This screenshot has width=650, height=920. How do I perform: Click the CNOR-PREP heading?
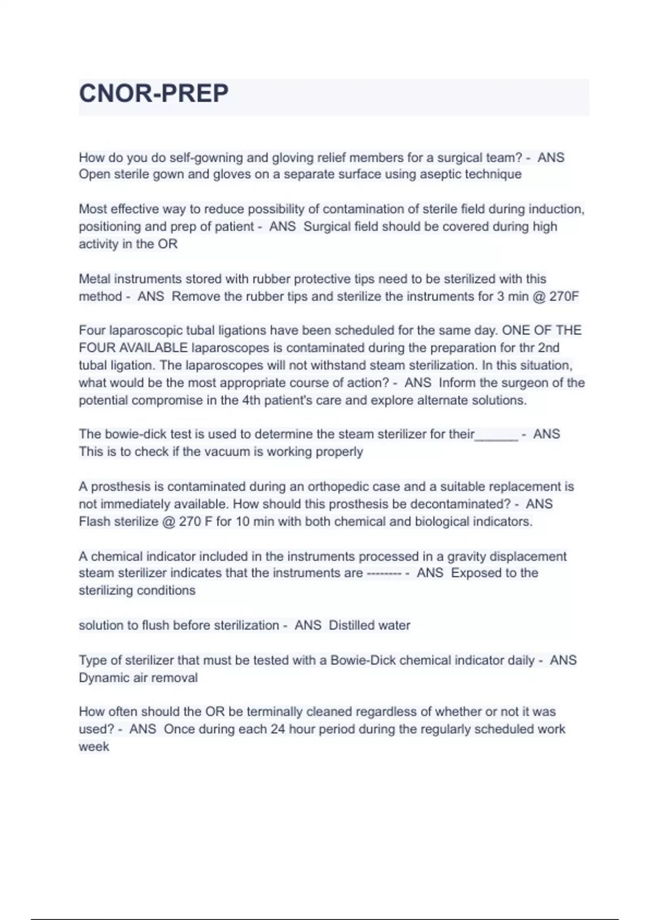point(154,94)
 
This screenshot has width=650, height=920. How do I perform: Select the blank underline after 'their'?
point(497,435)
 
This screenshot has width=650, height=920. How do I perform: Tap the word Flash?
point(94,522)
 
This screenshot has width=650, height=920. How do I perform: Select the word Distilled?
point(351,625)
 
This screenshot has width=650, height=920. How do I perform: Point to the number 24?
point(278,729)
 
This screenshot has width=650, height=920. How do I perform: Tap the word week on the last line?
point(94,746)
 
